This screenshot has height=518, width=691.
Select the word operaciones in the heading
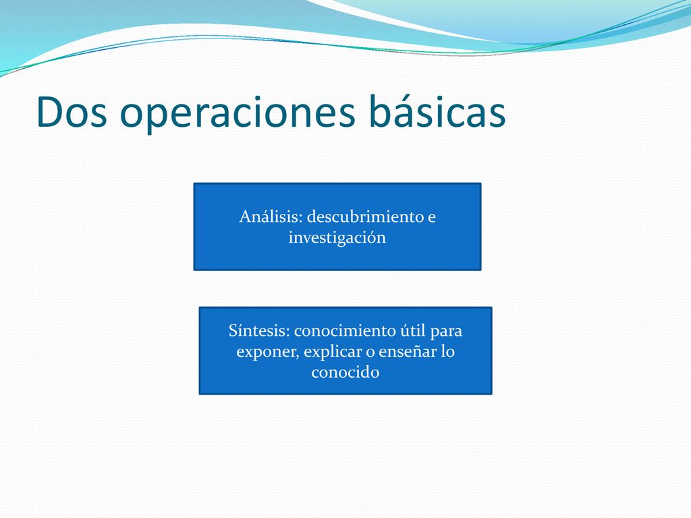pyautogui.click(x=238, y=115)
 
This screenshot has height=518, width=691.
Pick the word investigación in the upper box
pyautogui.click(x=337, y=238)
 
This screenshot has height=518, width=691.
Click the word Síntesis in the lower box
pyautogui.click(x=259, y=330)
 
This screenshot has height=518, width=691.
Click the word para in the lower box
pyautogui.click(x=446, y=332)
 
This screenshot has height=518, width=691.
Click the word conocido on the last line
pyautogui.click(x=345, y=372)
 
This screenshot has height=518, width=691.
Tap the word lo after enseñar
pyautogui.click(x=448, y=351)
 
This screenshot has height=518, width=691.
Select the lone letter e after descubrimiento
pyautogui.click(x=431, y=218)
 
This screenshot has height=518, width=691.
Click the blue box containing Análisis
pyautogui.click(x=337, y=227)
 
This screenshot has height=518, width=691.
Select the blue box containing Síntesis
pyautogui.click(x=345, y=351)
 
